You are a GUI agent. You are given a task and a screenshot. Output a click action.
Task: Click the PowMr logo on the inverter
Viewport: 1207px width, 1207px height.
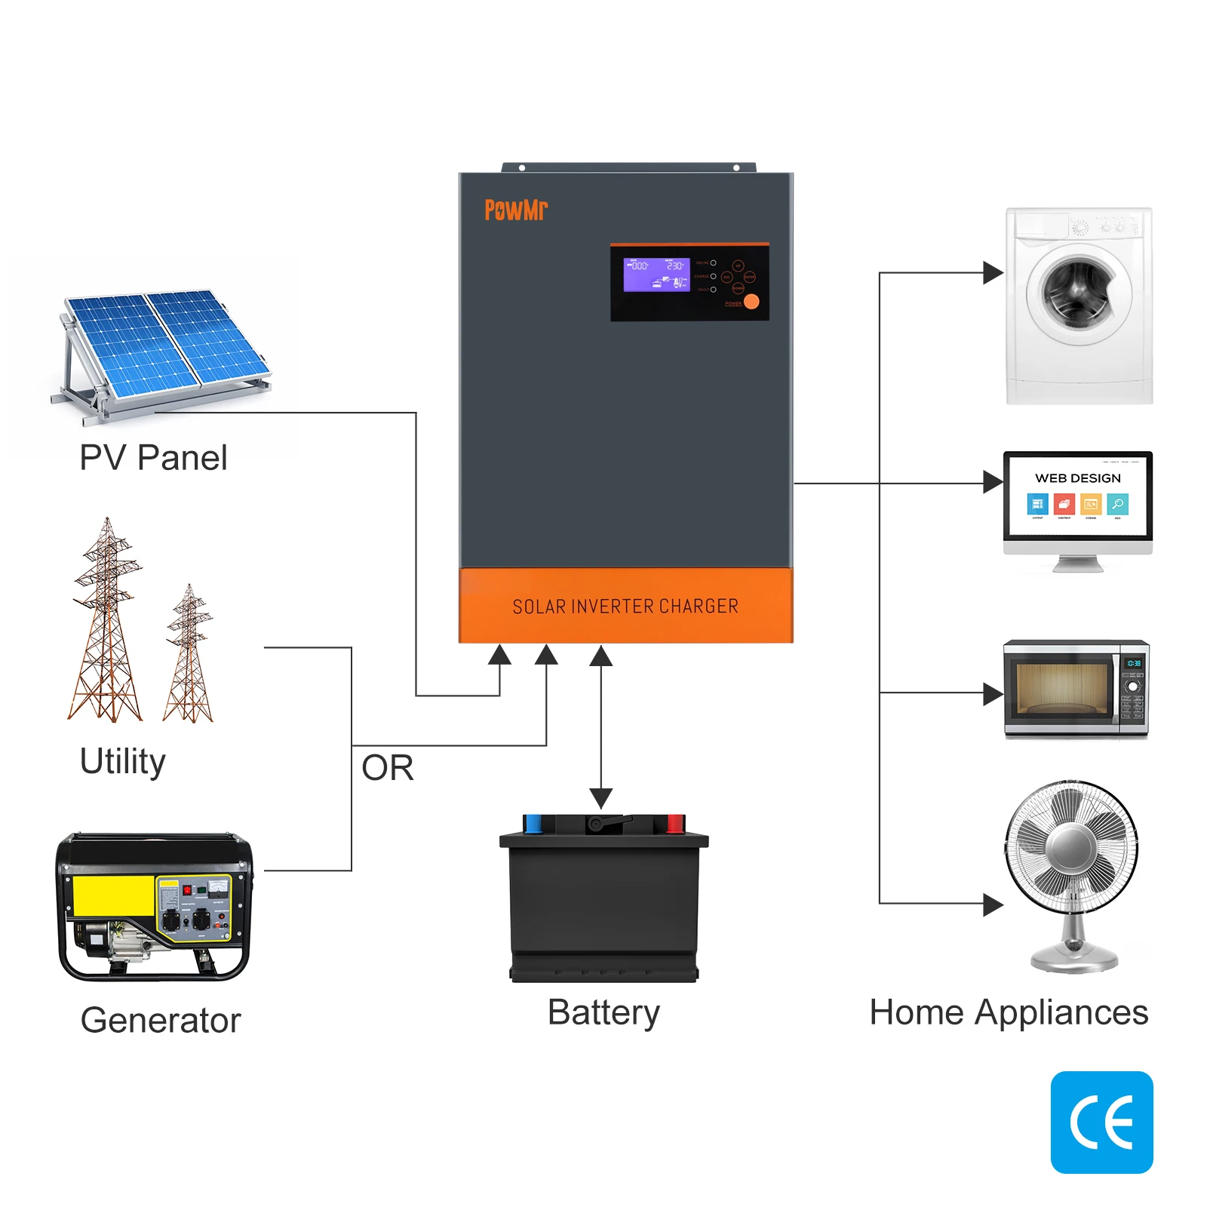pyautogui.click(x=516, y=210)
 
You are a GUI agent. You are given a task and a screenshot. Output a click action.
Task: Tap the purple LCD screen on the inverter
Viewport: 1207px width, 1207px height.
pyautogui.click(x=656, y=275)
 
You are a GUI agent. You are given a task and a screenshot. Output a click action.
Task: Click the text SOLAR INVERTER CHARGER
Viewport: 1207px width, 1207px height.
pyautogui.click(x=625, y=607)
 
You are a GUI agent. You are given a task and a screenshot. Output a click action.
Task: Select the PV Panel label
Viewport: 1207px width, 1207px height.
pyautogui.click(x=153, y=458)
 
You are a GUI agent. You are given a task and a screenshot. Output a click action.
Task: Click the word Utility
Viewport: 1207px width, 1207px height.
pyautogui.click(x=122, y=761)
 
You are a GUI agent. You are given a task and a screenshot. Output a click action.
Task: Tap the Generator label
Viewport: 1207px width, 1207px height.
pyautogui.click(x=161, y=1021)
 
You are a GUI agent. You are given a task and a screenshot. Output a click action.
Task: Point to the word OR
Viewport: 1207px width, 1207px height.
pyautogui.click(x=387, y=769)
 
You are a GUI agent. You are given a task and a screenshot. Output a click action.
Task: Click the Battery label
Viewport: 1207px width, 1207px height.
pyautogui.click(x=603, y=1012)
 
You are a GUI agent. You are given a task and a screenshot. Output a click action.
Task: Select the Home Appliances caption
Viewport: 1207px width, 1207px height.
pyautogui.click(x=1009, y=1012)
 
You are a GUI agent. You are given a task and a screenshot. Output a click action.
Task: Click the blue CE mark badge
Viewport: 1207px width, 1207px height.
pyautogui.click(x=1101, y=1122)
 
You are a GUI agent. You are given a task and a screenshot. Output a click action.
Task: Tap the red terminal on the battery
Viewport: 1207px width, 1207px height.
pyautogui.click(x=675, y=823)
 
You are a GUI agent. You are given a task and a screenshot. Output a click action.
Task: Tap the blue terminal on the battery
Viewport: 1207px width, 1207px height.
pyautogui.click(x=533, y=823)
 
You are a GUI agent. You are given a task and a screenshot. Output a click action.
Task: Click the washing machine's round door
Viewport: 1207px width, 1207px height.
pyautogui.click(x=1080, y=293)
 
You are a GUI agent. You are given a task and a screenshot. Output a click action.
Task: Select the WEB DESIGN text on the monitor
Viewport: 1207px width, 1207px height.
pyautogui.click(x=1077, y=478)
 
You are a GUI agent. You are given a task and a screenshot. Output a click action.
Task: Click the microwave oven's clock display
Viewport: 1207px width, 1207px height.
pyautogui.click(x=1133, y=664)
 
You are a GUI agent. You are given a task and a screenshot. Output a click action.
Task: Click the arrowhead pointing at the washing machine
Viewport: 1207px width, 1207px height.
pyautogui.click(x=993, y=273)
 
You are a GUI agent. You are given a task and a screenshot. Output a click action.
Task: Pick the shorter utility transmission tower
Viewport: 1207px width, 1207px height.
pyautogui.click(x=189, y=656)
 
